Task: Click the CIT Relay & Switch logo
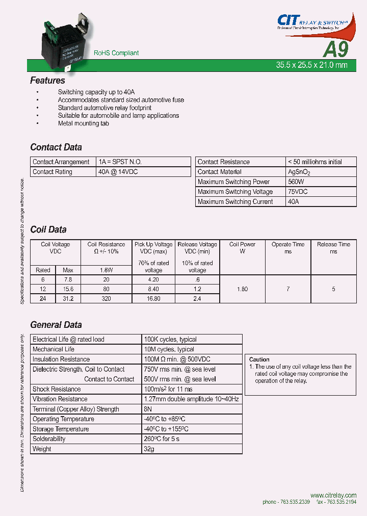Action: click(311, 22)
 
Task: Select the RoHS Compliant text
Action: click(116, 53)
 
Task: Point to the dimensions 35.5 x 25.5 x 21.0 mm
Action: click(311, 65)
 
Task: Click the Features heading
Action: click(47, 81)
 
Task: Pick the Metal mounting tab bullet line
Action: click(83, 123)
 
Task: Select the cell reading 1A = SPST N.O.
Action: click(121, 162)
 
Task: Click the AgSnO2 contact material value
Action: click(299, 172)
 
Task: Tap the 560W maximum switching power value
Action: click(296, 182)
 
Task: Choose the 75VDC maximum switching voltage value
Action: click(298, 192)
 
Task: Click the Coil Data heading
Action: click(48, 229)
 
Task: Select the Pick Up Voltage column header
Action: click(153, 245)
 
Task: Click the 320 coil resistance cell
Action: click(106, 299)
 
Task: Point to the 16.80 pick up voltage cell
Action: click(153, 299)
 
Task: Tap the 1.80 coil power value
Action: click(243, 289)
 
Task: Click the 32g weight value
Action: click(149, 449)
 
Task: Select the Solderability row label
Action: click(49, 439)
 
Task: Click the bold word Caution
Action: click(259, 359)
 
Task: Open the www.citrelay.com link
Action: click(333, 495)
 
